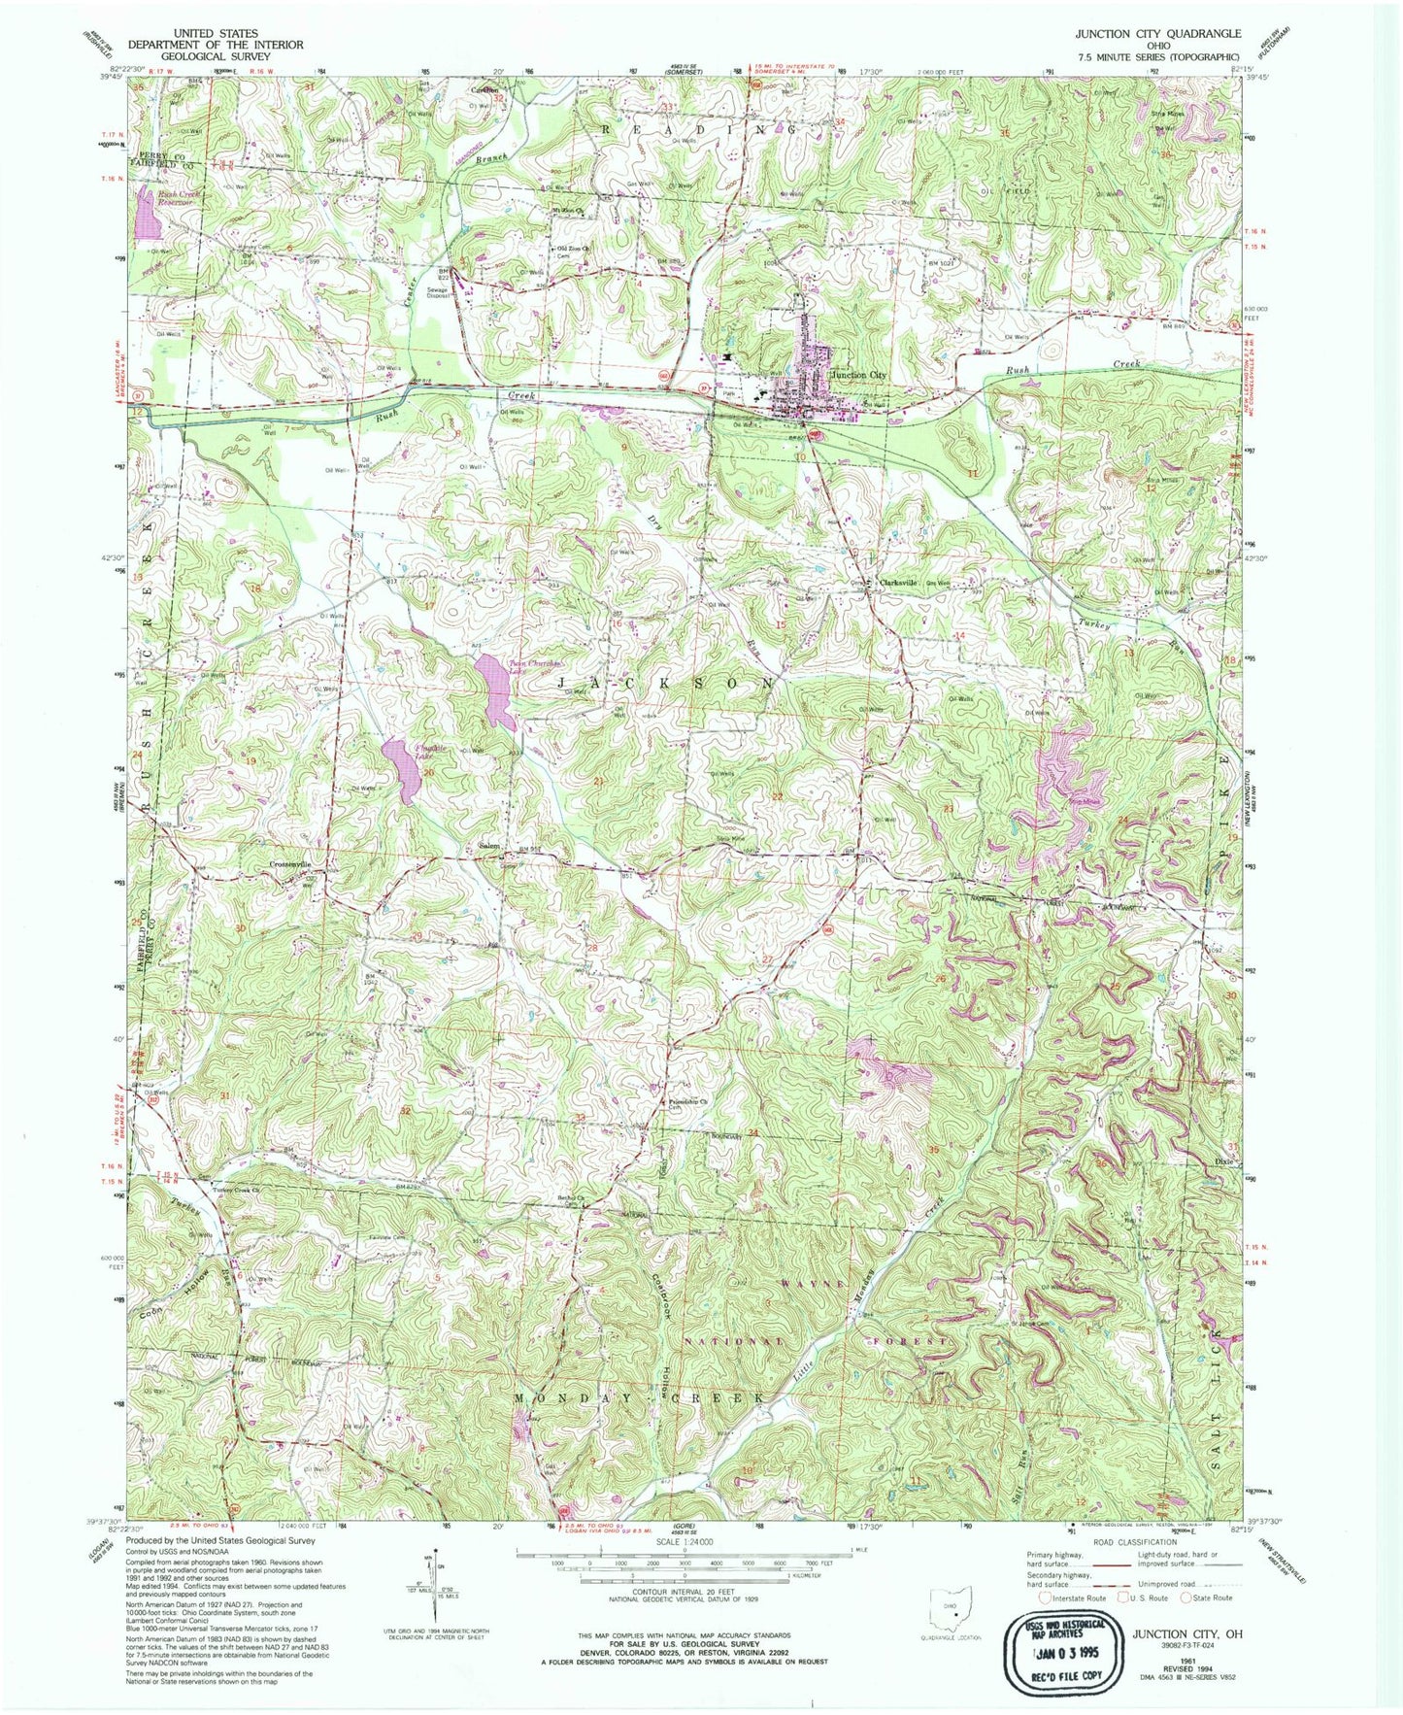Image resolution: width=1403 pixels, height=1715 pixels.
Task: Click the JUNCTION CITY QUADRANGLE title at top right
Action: [1156, 33]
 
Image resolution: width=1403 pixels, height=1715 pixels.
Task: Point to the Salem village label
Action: [489, 846]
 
